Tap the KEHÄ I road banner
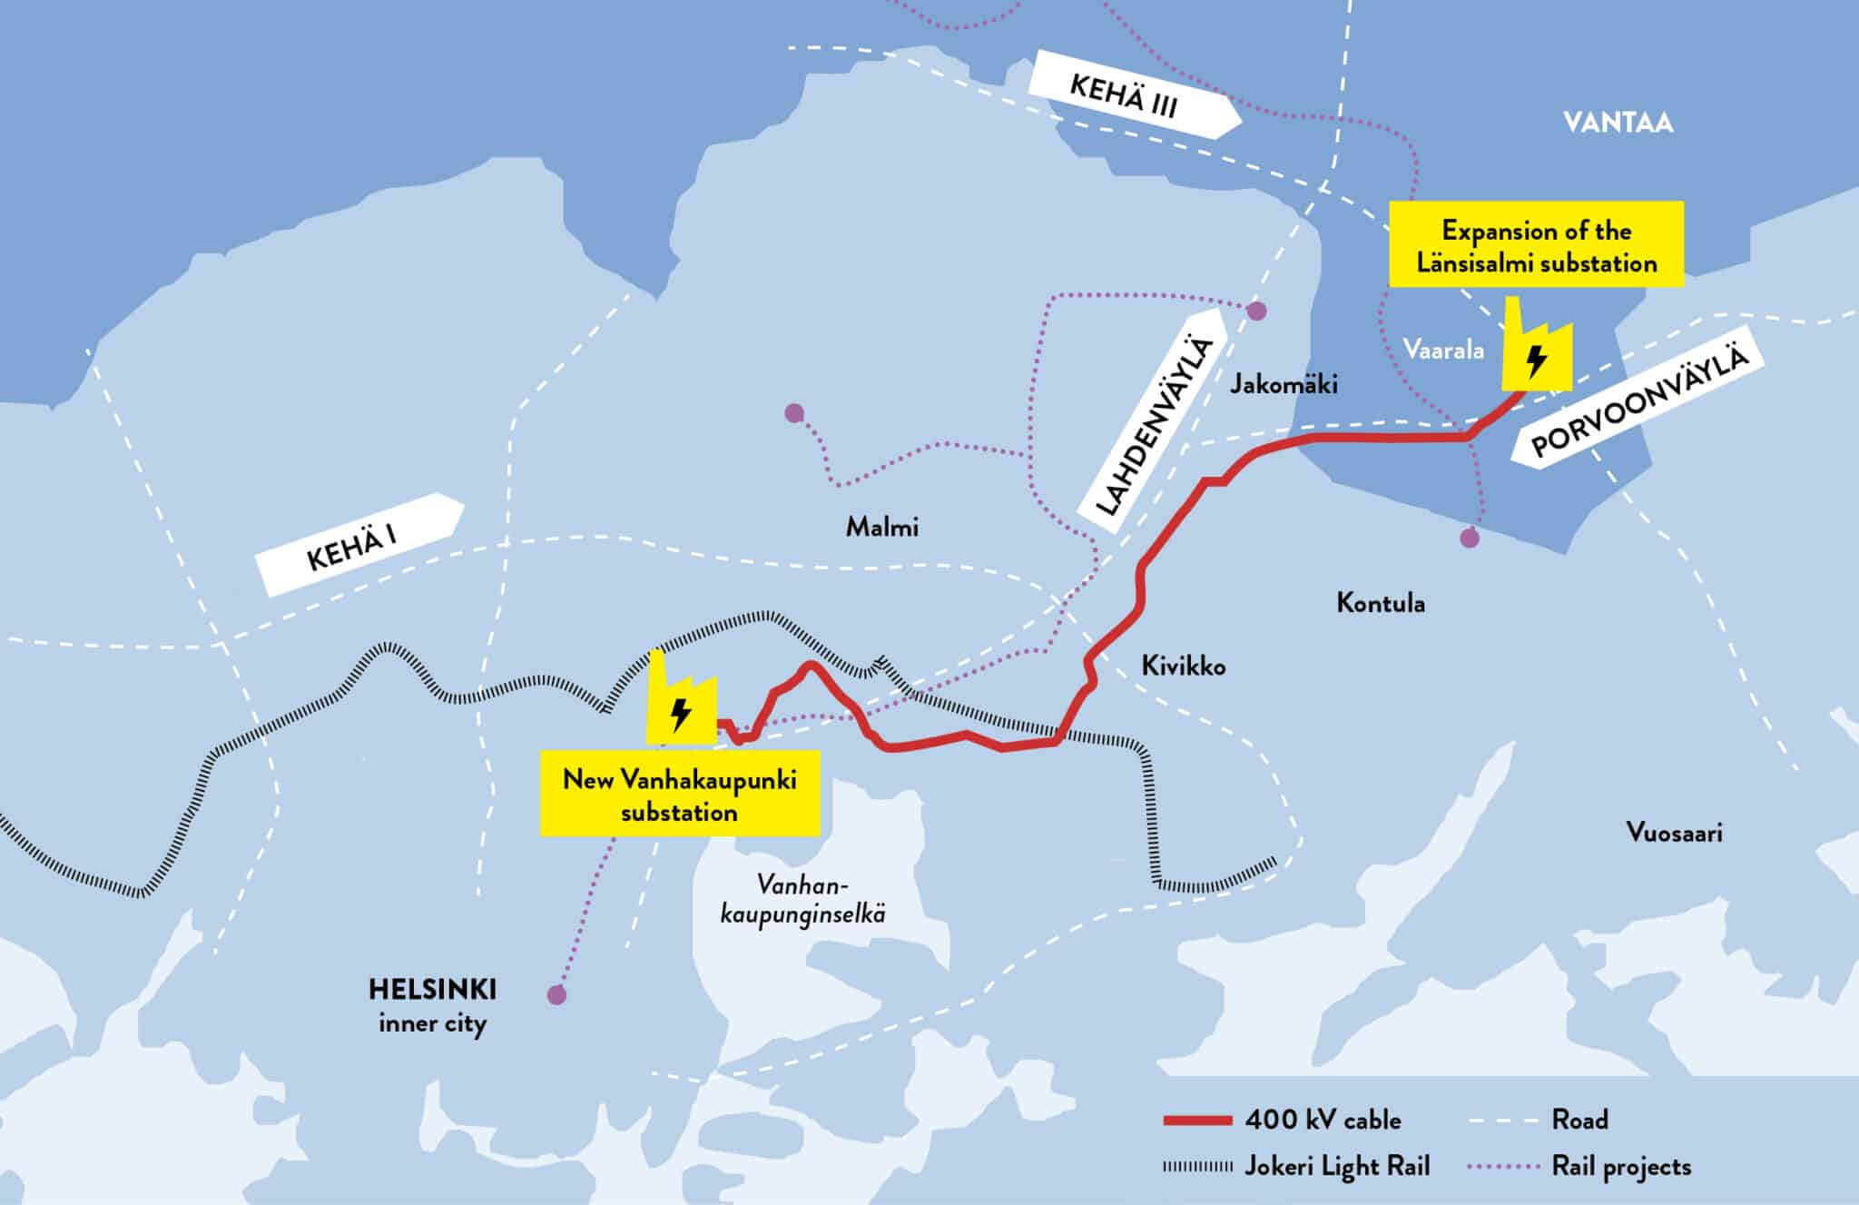tap(359, 544)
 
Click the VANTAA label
tap(1618, 123)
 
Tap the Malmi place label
tap(881, 527)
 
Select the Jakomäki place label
tap(1283, 384)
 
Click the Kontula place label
tap(1380, 603)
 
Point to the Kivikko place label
tap(1183, 667)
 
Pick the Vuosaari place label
tap(1674, 833)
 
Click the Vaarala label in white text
tap(1442, 350)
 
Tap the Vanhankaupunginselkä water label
tap(802, 899)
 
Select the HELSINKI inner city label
tap(432, 1005)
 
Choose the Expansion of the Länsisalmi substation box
tap(1536, 246)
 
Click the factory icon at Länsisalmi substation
tap(1535, 350)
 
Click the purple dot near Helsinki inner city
tap(556, 995)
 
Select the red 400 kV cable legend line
tap(1196, 1121)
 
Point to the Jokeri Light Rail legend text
tap(1336, 1166)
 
